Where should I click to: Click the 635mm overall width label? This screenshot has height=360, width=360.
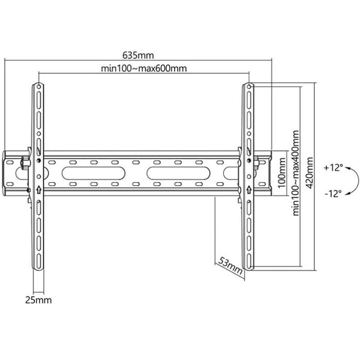(138, 56)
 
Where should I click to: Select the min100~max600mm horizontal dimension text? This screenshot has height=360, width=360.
(144, 68)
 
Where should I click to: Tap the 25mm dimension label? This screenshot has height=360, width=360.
(39, 300)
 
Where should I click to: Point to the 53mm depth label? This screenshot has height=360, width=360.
(230, 265)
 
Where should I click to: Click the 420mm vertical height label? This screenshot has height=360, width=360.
(310, 173)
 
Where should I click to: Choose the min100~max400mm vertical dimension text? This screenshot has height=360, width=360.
(296, 173)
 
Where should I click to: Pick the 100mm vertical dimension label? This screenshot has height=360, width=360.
(282, 173)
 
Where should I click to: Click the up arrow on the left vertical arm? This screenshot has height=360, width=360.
(39, 190)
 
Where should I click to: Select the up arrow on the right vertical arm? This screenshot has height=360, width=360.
(248, 190)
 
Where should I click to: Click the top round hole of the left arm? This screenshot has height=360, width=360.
(39, 86)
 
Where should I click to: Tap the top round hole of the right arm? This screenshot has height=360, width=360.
(249, 86)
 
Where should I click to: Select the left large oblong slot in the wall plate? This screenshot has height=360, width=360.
(94, 173)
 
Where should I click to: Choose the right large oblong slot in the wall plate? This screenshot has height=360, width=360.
(178, 173)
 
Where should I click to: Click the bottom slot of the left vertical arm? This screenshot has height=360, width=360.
(39, 261)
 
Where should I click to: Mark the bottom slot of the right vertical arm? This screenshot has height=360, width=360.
(249, 261)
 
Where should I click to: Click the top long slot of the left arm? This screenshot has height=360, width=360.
(39, 100)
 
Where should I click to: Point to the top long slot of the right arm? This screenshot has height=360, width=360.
(249, 100)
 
